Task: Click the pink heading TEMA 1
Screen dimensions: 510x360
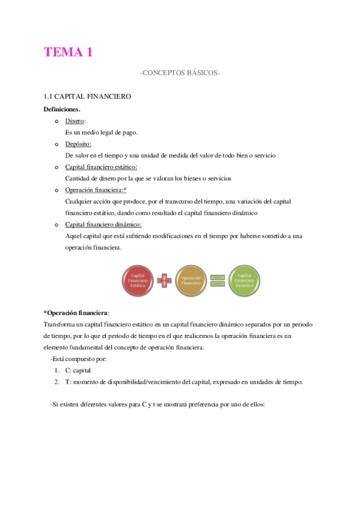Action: [x=68, y=52]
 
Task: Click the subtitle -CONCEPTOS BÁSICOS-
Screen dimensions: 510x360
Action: [x=180, y=73]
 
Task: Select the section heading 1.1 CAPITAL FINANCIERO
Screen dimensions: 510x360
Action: [x=87, y=96]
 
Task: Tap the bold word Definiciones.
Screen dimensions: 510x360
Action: [x=62, y=109]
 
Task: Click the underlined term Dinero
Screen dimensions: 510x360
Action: [x=75, y=121]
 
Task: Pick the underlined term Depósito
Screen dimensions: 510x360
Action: [x=78, y=144]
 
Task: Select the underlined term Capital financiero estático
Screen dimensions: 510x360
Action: [x=101, y=167]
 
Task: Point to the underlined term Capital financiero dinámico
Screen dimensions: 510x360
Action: [x=103, y=224]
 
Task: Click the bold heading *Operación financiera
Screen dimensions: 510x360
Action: [x=76, y=313]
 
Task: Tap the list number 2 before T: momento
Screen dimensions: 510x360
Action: [x=56, y=382]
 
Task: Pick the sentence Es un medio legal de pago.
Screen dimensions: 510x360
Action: [x=101, y=132]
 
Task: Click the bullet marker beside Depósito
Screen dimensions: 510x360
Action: [x=55, y=144]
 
